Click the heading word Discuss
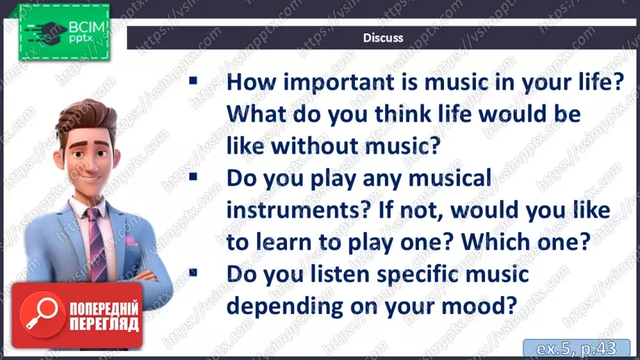[x=383, y=38]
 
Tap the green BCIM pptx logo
[x=64, y=32]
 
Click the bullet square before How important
[x=193, y=81]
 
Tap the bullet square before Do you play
[x=193, y=177]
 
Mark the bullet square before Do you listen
[x=193, y=272]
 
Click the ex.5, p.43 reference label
[x=576, y=348]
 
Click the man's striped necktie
[x=97, y=244]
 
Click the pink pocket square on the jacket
[x=131, y=241]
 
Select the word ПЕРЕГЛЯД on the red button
[x=104, y=325]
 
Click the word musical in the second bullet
[x=450, y=178]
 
